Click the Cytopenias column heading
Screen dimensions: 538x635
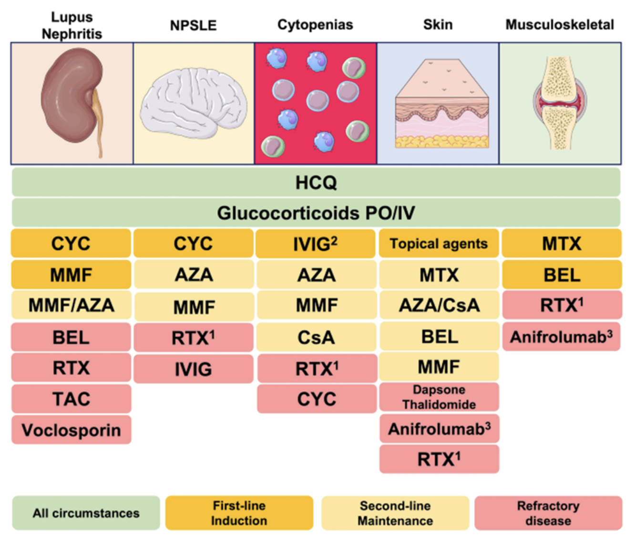[315, 25]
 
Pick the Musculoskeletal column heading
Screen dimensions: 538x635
[560, 25]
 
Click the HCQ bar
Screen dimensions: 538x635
[316, 183]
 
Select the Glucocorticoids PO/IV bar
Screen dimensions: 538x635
[316, 213]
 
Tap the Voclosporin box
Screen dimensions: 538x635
[71, 430]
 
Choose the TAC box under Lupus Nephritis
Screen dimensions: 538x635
[71, 399]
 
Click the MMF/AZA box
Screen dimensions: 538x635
[71, 305]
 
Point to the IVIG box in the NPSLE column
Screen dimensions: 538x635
[193, 369]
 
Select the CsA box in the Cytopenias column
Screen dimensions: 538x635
[316, 337]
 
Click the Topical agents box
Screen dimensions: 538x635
[439, 244]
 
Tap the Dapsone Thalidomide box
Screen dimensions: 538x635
[439, 397]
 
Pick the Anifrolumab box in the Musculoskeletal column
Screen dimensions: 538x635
[562, 337]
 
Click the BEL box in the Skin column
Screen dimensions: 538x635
[439, 337]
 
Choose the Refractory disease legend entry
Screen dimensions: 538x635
[548, 513]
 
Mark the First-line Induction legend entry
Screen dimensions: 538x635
[239, 513]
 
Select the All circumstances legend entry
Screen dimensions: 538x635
[86, 513]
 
